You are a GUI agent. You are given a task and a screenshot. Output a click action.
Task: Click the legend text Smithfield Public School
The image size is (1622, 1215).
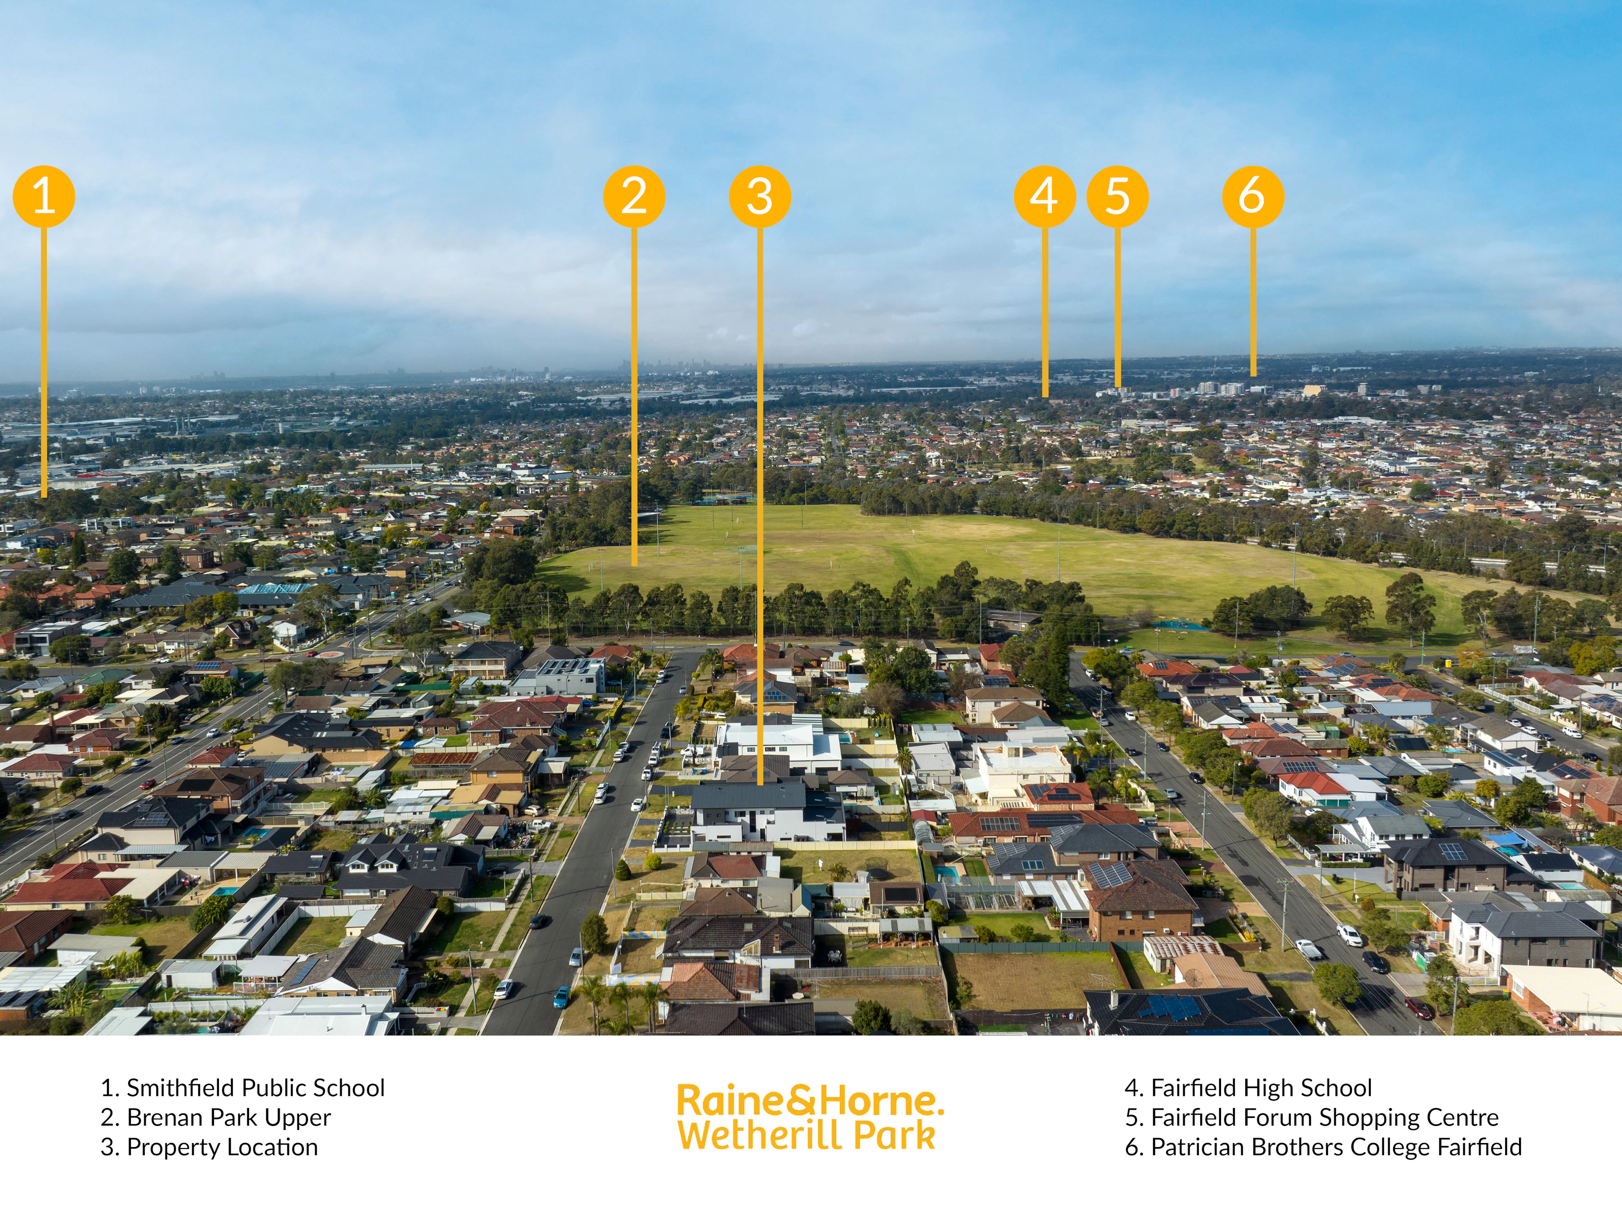(x=255, y=1087)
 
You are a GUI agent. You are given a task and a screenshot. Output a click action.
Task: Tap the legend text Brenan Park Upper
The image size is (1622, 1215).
(x=229, y=1117)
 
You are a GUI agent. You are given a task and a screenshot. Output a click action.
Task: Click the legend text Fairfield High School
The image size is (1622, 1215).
(x=1261, y=1087)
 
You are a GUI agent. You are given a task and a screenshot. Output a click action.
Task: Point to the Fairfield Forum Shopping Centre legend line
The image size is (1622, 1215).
(x=1312, y=1117)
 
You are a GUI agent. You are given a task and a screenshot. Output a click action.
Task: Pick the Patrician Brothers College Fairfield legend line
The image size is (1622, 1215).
(x=1323, y=1147)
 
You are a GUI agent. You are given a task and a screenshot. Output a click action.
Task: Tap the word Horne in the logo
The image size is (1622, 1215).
(x=876, y=1101)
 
